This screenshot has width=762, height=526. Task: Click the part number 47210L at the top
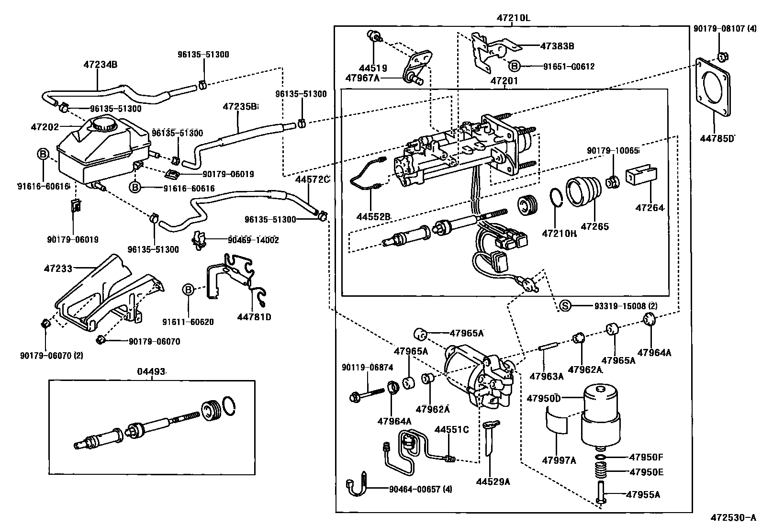[x=513, y=18]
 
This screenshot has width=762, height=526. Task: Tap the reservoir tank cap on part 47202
[x=104, y=123]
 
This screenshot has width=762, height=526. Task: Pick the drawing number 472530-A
[x=732, y=517]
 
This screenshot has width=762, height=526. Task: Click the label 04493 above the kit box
[x=152, y=371]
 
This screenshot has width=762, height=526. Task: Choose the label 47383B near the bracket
[x=557, y=46]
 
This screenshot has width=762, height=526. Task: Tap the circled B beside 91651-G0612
[x=514, y=66]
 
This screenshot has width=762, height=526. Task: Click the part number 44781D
[x=254, y=317]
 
